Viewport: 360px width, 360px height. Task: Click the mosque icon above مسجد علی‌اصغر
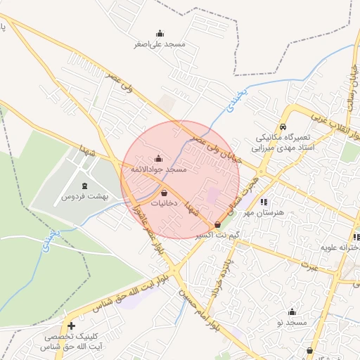pos(160,33)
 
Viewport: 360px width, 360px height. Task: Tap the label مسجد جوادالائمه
pos(158,169)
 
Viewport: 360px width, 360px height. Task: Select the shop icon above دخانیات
pos(165,192)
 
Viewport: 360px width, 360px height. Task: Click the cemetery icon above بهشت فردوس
pos(84,186)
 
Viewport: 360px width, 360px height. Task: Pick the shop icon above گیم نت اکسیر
pos(217,224)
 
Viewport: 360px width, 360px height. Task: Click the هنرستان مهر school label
pos(264,212)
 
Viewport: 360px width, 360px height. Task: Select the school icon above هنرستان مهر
pos(264,202)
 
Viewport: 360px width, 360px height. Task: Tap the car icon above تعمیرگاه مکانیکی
pos(282,127)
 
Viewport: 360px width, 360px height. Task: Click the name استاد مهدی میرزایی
pos(281,148)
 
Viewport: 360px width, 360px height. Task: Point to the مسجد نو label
pos(292,321)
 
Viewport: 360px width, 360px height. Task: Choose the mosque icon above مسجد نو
pos(292,311)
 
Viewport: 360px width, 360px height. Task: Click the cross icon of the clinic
pos(71,326)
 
